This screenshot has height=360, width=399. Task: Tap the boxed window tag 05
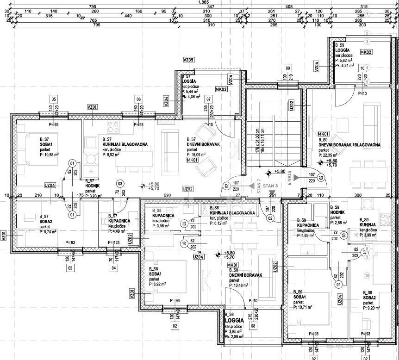[54, 99]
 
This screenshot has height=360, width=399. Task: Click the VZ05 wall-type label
[188, 60]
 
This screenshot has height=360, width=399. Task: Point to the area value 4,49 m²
[119, 226]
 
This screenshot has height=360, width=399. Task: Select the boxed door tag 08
[253, 326]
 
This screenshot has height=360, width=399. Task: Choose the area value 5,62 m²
[345, 60]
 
